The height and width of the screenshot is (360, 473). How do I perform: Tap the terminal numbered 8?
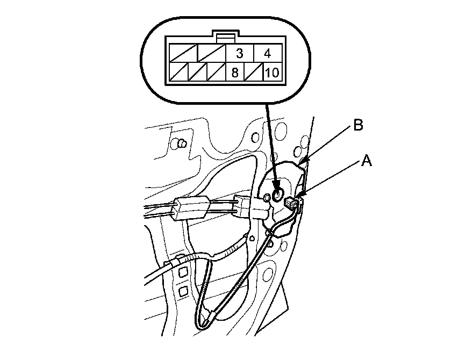pyautogui.click(x=234, y=72)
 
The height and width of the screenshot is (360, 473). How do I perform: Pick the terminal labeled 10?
pyautogui.click(x=272, y=72)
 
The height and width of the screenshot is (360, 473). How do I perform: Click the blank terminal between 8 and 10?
pyautogui.click(x=254, y=72)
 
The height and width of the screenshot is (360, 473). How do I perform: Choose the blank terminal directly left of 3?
pyautogui.click(x=210, y=53)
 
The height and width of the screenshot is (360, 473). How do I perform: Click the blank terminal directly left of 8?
pyautogui.click(x=216, y=72)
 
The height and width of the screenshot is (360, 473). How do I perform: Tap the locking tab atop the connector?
pyautogui.click(x=224, y=35)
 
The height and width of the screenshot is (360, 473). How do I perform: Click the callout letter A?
pyautogui.click(x=366, y=160)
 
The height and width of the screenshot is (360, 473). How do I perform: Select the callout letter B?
pyautogui.click(x=358, y=126)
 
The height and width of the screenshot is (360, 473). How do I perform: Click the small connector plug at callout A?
pyautogui.click(x=292, y=204)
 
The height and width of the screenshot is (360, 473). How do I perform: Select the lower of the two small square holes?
pyautogui.click(x=183, y=291)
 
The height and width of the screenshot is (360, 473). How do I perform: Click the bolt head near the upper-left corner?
pyautogui.click(x=182, y=143)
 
